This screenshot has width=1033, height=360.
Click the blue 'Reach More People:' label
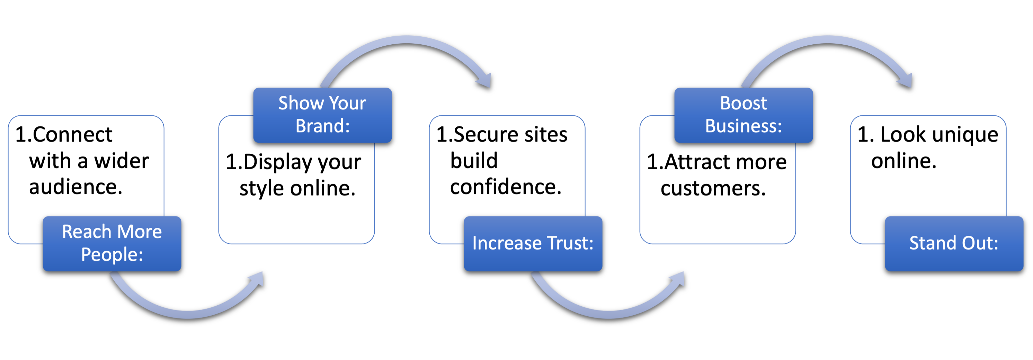coord(112,243)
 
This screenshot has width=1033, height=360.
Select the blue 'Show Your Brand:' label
coord(322,115)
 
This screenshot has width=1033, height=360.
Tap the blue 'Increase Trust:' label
coord(533,243)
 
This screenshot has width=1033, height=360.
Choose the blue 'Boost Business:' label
coord(743,115)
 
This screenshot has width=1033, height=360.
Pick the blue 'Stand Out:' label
coord(954,243)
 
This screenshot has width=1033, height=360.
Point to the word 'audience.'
coord(75,187)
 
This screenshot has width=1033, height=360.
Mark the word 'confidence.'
coord(506,187)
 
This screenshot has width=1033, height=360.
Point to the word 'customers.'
coord(713,188)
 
